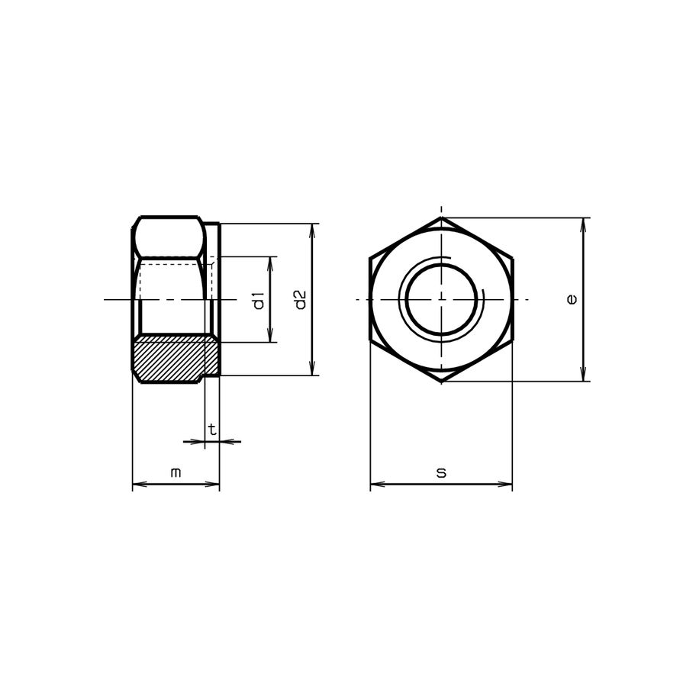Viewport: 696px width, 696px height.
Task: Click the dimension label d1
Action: (259, 300)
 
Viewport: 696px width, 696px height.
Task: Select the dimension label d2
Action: (301, 300)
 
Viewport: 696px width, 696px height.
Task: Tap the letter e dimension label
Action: (572, 299)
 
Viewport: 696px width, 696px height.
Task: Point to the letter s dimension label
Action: (441, 473)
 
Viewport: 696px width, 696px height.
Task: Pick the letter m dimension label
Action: (176, 473)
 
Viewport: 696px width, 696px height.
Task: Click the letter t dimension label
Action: (212, 430)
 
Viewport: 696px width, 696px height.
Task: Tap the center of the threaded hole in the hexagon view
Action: (441, 299)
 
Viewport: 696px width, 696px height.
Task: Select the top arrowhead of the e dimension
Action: (584, 223)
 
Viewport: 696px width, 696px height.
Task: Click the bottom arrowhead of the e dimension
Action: (584, 376)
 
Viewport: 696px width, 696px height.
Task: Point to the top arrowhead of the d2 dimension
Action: (312, 229)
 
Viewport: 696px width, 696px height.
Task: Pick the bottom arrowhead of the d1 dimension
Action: (270, 337)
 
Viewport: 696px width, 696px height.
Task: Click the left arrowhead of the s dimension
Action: (375, 484)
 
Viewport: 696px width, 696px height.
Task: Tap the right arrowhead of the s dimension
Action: (507, 484)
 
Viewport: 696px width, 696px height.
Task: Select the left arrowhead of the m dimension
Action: (137, 484)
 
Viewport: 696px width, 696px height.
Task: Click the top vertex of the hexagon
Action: (441, 217)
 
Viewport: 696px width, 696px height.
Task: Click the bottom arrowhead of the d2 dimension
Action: (312, 370)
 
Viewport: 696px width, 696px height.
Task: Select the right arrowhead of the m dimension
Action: (214, 484)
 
